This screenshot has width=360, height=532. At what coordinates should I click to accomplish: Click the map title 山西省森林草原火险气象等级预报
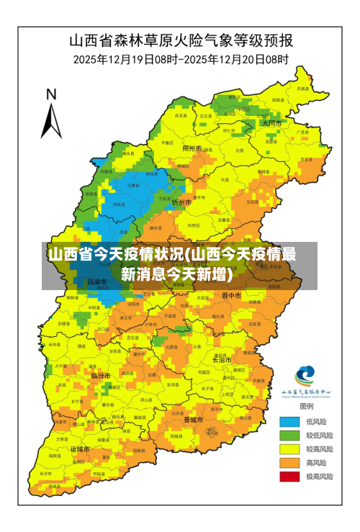pos(179,40)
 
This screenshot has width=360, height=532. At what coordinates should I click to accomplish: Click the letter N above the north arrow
pos(51,94)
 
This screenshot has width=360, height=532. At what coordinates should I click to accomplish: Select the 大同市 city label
pos(272,123)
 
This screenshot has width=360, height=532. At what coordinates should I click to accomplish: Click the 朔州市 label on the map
pos(192,148)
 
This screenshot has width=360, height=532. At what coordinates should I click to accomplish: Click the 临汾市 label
pos(101,376)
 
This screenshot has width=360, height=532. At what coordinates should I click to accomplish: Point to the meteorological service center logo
pos(305,377)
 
